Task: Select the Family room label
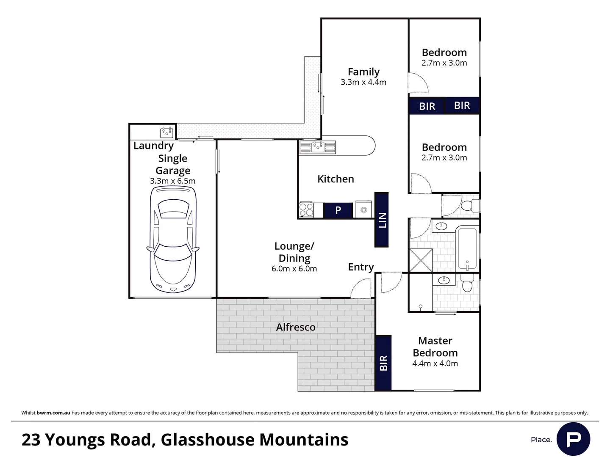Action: (x=363, y=72)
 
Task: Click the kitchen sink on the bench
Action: (x=317, y=147)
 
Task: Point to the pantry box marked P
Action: (x=338, y=210)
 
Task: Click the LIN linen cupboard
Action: (x=382, y=220)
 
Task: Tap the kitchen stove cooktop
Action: (x=306, y=210)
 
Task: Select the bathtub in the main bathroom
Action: (x=467, y=248)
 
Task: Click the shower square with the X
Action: (x=421, y=260)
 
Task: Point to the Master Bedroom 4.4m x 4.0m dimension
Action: (x=435, y=363)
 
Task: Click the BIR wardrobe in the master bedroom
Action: (x=383, y=363)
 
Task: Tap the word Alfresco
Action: (x=296, y=327)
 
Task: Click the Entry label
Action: (x=361, y=267)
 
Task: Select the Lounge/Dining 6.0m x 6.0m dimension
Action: (x=294, y=269)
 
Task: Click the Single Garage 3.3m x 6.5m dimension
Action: (x=173, y=181)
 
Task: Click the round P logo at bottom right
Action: (x=573, y=439)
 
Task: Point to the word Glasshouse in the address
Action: (x=207, y=440)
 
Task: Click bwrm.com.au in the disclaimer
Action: (x=53, y=413)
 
